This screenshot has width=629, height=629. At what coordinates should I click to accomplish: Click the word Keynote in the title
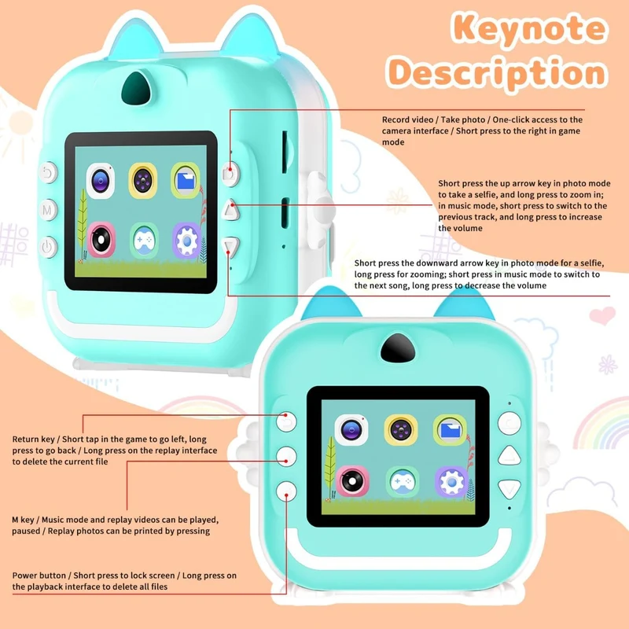point(529,28)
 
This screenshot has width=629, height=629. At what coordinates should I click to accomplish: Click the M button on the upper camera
point(47,209)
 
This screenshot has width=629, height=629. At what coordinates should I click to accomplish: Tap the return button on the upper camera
point(48,173)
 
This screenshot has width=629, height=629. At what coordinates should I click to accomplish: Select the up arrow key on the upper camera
point(230,210)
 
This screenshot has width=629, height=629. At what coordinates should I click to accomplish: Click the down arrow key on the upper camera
point(230,247)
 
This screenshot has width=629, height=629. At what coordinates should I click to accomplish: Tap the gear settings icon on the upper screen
point(186,241)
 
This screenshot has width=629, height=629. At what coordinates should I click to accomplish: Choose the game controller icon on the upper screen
point(144,241)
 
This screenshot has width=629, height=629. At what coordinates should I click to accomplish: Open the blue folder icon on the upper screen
point(185,181)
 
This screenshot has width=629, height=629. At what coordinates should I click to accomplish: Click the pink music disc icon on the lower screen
point(352,480)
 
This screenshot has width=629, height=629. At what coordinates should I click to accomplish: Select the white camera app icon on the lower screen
point(351,429)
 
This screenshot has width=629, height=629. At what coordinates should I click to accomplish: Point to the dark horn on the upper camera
point(136,86)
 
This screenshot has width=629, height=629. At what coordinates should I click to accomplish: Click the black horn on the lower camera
point(398,348)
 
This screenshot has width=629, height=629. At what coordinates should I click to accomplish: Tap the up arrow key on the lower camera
point(509,456)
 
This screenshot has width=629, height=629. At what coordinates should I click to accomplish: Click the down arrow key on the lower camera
point(509,489)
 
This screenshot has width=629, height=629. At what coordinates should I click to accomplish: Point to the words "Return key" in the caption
point(33,440)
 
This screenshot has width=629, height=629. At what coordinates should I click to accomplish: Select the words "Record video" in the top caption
point(407,120)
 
